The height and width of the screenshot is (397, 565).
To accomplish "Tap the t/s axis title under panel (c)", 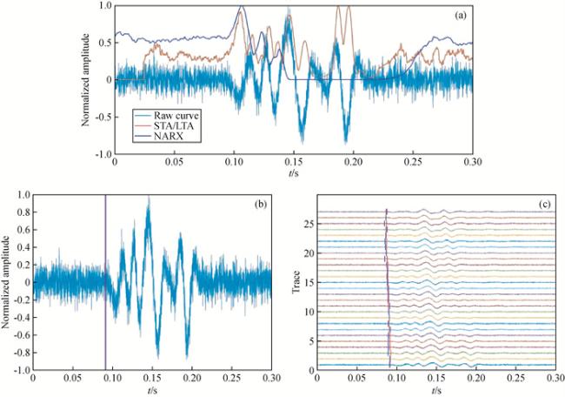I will coord(436,389).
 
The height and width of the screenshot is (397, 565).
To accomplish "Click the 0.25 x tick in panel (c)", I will coord(516,379).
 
